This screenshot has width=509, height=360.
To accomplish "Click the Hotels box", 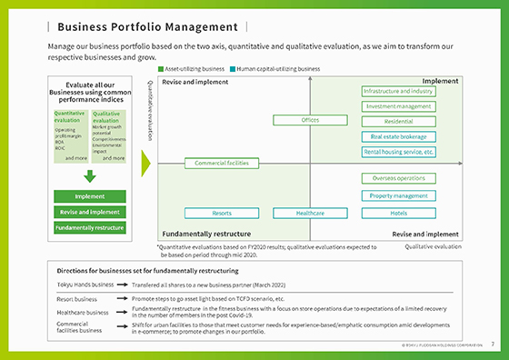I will [x=398, y=213].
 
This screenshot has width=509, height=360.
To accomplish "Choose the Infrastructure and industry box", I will [x=398, y=92].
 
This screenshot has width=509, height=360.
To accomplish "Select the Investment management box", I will [x=398, y=106].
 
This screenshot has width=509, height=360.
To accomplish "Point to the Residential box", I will [x=398, y=121].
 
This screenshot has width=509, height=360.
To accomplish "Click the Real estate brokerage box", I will [x=398, y=136].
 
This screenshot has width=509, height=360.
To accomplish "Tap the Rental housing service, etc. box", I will [x=398, y=151].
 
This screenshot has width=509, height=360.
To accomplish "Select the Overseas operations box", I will [x=398, y=179].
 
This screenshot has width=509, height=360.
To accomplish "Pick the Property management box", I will [x=398, y=195].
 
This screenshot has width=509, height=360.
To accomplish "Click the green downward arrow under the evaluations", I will [x=90, y=176].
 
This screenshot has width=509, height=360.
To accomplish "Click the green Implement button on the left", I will [x=90, y=196].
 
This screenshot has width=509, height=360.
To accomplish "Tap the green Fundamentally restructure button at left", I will [x=90, y=226].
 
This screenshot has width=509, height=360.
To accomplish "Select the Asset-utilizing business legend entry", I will [x=192, y=68].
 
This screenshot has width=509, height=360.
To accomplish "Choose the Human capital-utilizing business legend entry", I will [x=276, y=68].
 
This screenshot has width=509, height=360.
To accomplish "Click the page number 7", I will [x=493, y=345].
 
